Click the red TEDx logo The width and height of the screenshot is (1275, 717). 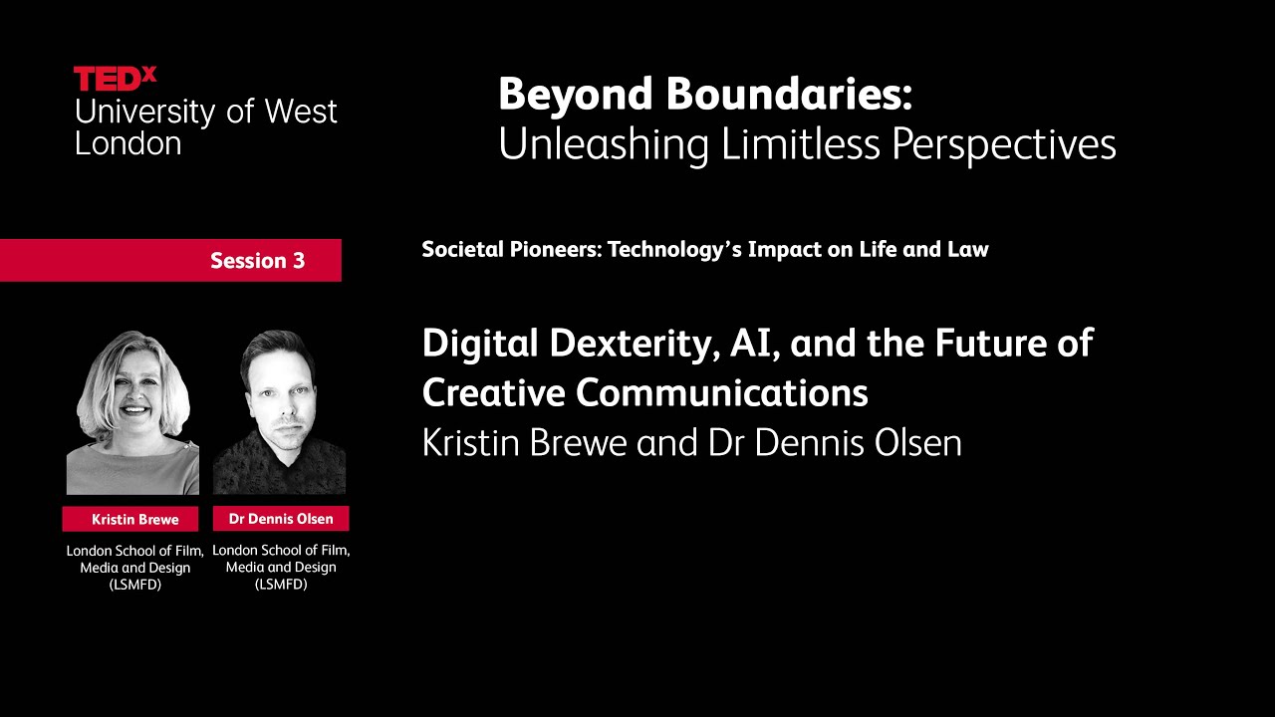[115, 79]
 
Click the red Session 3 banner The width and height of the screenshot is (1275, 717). [170, 260]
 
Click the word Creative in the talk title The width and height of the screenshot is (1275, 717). [493, 392]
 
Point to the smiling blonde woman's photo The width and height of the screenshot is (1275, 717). [132, 412]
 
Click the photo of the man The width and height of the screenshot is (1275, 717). [280, 412]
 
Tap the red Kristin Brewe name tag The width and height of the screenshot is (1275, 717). [130, 519]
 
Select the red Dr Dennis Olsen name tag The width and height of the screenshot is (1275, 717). [281, 519]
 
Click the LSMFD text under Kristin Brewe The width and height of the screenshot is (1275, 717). [134, 585]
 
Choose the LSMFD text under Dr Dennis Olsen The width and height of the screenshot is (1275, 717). [281, 585]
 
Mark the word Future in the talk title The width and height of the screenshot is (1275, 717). [997, 344]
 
